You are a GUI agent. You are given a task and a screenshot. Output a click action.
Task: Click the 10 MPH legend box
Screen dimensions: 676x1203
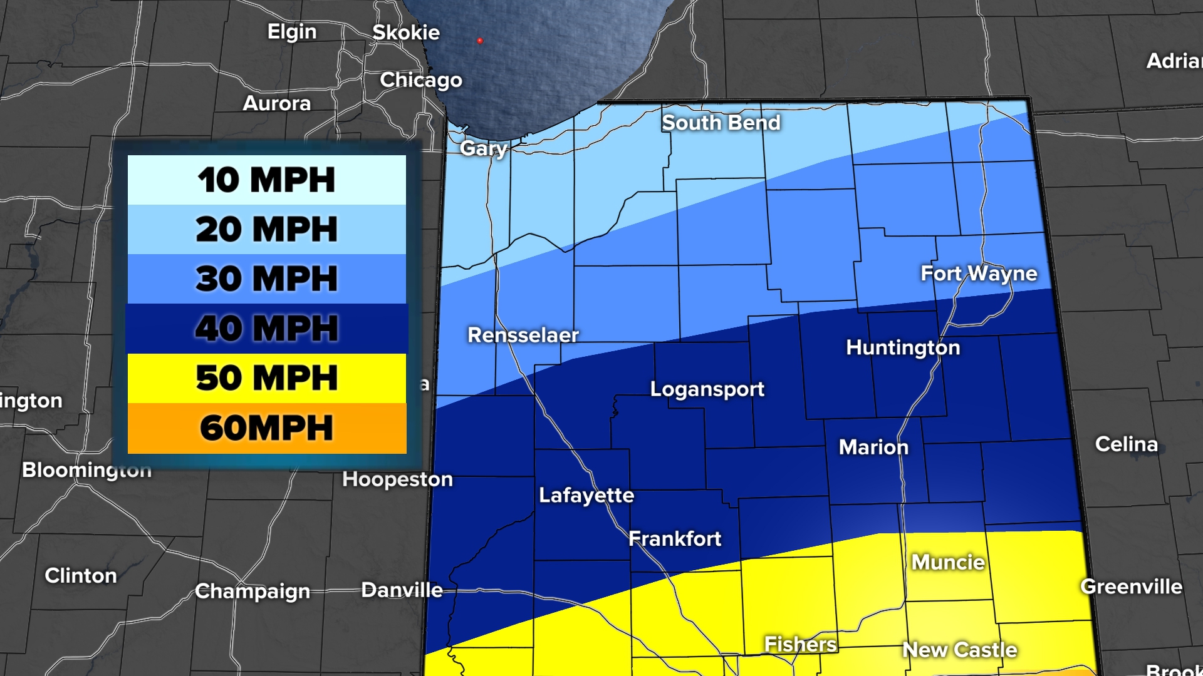267,180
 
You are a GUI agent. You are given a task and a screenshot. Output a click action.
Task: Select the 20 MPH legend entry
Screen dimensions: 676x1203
267,229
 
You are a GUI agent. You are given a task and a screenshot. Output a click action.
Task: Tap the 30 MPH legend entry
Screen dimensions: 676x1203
267,279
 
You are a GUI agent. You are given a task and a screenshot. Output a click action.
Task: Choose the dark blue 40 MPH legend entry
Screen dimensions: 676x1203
267,328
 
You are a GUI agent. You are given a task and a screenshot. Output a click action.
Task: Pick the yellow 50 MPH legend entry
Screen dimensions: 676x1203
267,378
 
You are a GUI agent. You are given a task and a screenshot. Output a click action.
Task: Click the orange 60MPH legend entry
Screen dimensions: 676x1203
267,428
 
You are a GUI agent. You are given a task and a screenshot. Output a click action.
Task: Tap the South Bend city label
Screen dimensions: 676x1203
721,123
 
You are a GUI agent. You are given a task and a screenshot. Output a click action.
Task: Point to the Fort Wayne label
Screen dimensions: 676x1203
979,274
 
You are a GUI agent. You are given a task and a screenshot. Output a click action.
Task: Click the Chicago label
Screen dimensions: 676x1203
421,80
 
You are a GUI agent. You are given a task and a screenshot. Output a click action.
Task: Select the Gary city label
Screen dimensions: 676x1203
483,148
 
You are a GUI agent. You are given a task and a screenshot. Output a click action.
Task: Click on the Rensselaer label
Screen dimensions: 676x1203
523,335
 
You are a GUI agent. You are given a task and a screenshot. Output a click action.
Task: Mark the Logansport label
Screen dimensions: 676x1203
707,389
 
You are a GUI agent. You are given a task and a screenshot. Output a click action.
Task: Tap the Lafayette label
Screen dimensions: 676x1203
586,495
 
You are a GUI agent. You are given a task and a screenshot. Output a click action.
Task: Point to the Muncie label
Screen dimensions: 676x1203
948,562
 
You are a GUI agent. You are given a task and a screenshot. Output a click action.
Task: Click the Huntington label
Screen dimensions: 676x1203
903,347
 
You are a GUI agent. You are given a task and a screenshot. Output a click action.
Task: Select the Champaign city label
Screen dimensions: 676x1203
253,591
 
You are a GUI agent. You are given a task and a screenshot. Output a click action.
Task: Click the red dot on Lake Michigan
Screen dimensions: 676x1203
480,41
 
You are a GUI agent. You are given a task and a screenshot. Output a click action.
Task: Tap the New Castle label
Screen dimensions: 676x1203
959,650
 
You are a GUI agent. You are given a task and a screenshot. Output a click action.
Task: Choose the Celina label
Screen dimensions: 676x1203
1126,444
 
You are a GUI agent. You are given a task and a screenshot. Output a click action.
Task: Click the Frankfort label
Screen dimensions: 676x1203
675,538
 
